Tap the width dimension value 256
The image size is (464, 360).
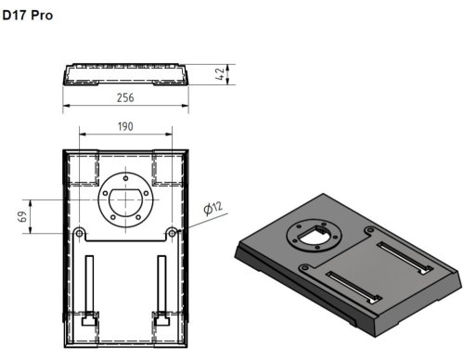pyautogui.click(x=125, y=97)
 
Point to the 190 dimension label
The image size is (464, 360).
pyautogui.click(x=125, y=126)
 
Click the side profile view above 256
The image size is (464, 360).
pyautogui.click(x=125, y=73)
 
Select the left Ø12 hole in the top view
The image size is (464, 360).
pyautogui.click(x=80, y=231)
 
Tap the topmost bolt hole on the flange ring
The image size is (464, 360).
pyautogui.click(x=124, y=176)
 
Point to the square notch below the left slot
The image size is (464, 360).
pyautogui.click(x=89, y=321)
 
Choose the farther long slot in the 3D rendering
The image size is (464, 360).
pyautogui.click(x=402, y=256)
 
